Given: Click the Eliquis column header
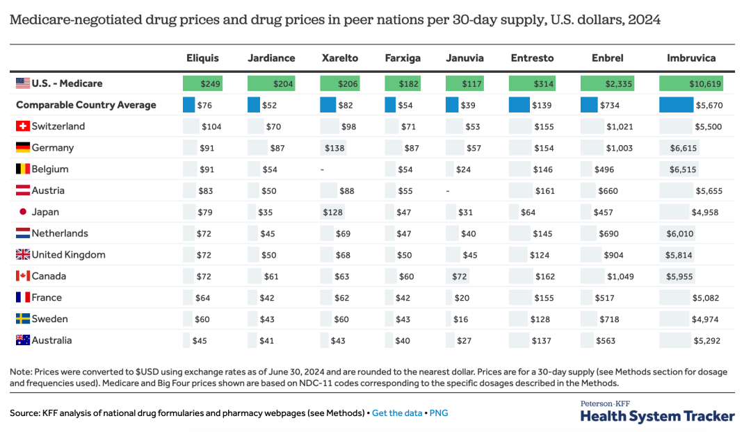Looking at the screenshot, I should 202,58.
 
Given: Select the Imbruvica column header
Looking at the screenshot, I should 691,58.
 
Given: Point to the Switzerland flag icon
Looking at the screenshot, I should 22,126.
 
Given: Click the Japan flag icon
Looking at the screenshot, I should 22,212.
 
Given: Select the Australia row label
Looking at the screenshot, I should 51,340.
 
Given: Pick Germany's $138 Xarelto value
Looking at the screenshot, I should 335,148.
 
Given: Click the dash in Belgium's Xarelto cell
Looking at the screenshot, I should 322,169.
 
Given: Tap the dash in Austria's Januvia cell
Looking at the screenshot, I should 449,191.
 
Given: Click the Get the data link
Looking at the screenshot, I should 396,413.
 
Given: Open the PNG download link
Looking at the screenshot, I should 439,413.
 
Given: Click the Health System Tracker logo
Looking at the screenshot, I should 657,413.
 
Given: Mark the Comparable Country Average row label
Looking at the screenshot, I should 86,105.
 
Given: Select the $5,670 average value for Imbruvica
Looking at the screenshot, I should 707,106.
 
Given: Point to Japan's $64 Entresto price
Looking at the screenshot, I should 528,213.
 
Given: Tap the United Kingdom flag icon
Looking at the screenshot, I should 22,255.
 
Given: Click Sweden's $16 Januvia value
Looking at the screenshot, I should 460,319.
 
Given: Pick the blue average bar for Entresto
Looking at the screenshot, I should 519,105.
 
